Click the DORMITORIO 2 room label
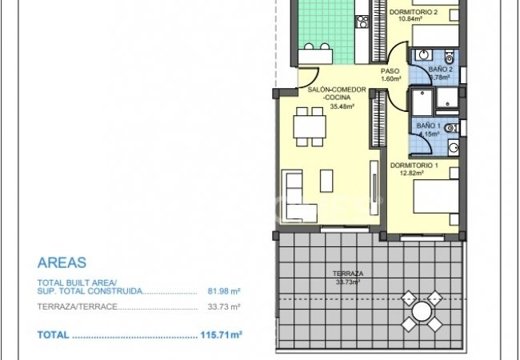[x=413, y=13]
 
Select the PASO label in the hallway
[x=390, y=70]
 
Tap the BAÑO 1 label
[x=428, y=126]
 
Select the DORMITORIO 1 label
[x=414, y=165]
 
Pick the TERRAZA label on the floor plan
[x=346, y=274]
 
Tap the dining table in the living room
[x=309, y=126]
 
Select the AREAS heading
[x=62, y=262]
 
